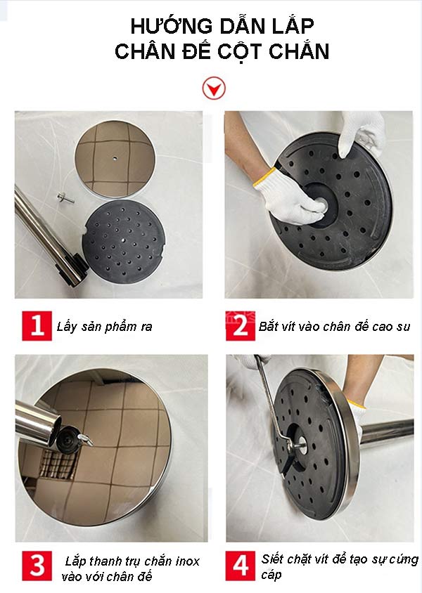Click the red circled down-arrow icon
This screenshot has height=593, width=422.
tap(212, 89)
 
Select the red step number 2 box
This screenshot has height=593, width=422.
tap(240, 326)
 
